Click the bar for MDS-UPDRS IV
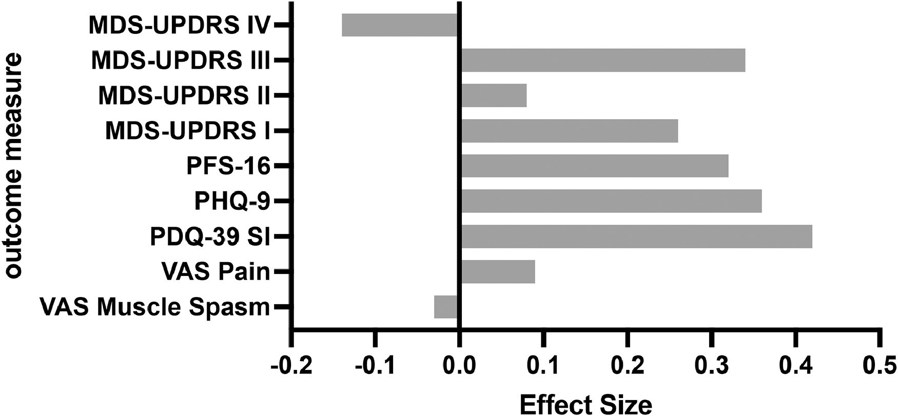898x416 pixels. (400, 25)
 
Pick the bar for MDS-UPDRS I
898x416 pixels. (570, 131)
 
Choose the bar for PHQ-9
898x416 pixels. (612, 201)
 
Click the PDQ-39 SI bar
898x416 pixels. (637, 236)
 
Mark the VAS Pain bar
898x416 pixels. (498, 271)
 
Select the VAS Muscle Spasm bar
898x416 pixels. (446, 307)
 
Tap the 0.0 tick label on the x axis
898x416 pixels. (460, 367)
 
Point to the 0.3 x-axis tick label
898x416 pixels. (711, 367)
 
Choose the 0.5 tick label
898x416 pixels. (879, 367)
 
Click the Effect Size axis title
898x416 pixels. (586, 404)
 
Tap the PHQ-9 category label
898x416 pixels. (232, 202)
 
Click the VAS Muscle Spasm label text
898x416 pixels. (154, 307)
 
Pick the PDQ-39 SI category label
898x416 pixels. (210, 237)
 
